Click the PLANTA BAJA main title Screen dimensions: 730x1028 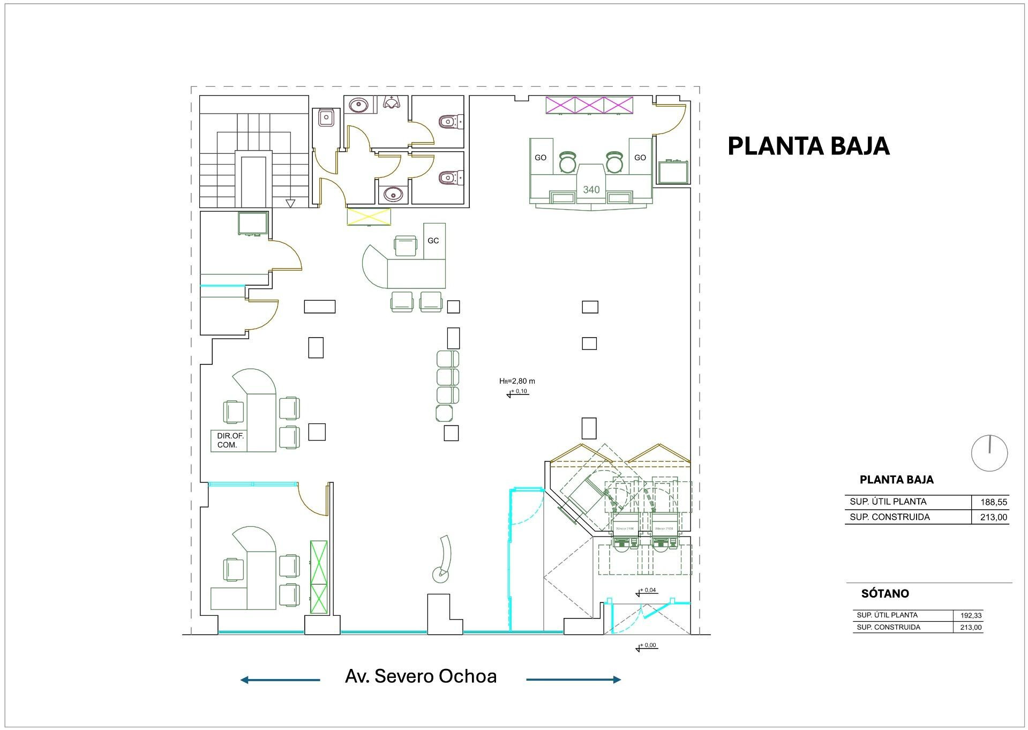(808, 146)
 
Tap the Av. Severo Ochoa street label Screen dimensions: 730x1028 (421, 676)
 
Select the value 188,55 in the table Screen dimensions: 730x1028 (994, 502)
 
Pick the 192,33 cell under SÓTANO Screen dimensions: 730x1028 (971, 616)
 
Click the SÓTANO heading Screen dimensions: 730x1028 (885, 594)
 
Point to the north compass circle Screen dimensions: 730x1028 (989, 453)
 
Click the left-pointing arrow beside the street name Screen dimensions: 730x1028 (280, 680)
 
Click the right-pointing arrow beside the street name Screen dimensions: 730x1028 (574, 680)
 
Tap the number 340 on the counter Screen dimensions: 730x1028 (591, 190)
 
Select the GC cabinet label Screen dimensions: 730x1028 (433, 241)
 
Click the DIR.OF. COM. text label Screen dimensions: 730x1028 (230, 441)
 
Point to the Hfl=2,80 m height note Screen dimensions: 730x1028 (517, 381)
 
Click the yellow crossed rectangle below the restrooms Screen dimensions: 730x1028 (369, 217)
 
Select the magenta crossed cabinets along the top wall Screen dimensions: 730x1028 (589, 105)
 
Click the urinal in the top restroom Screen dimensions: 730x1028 (393, 102)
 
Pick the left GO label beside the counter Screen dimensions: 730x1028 (541, 158)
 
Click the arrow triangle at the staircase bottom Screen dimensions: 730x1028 (290, 203)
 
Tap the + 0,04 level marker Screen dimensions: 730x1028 (647, 591)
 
